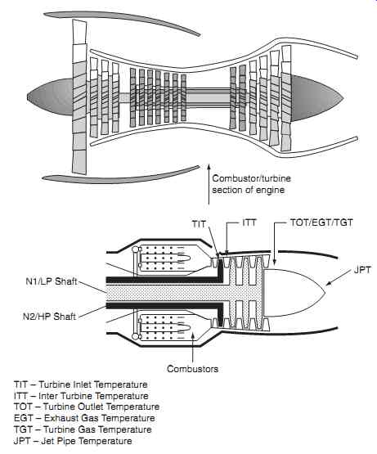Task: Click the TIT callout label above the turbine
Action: (199, 224)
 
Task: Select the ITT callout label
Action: (249, 223)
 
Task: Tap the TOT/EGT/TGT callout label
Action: (321, 223)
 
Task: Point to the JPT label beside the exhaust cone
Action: (362, 270)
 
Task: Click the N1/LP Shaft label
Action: (52, 281)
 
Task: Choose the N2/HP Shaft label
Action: (50, 317)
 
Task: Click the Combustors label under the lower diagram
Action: (192, 369)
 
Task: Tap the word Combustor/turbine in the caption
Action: (251, 178)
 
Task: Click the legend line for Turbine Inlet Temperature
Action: (81, 384)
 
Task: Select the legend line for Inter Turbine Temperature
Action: (81, 396)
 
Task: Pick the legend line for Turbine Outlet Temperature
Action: (87, 407)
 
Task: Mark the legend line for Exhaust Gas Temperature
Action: (84, 418)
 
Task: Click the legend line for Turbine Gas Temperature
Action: (83, 429)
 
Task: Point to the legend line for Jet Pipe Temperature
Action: (73, 441)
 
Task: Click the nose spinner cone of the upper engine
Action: (51, 97)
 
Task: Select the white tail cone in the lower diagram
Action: (293, 292)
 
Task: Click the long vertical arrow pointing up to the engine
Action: (209, 186)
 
